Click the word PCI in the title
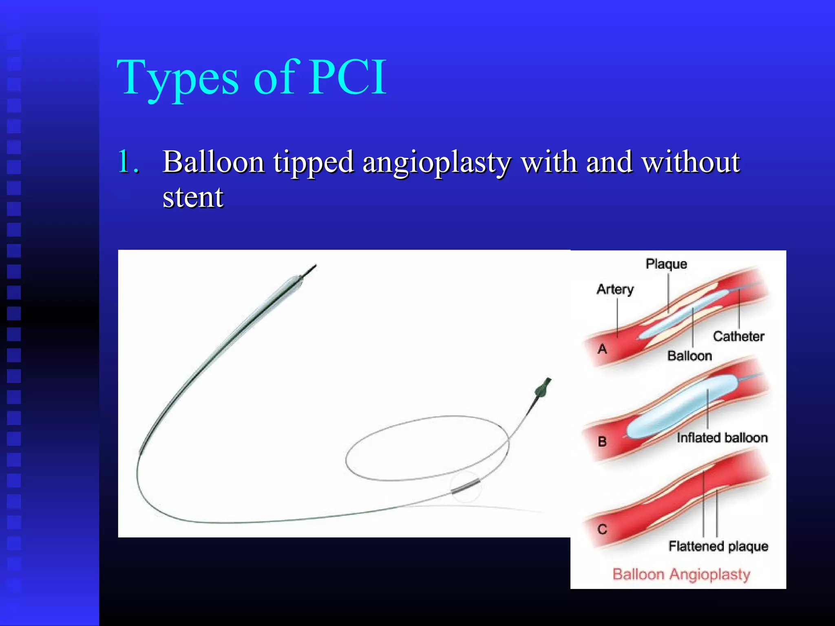[x=347, y=77]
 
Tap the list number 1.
[x=127, y=162]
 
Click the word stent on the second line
[x=193, y=197]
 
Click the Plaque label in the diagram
[x=666, y=264]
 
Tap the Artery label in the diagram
[x=615, y=289]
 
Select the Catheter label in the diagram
[x=738, y=336]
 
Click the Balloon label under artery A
[x=689, y=356]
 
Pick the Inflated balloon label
[x=722, y=438]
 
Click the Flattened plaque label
[x=718, y=546]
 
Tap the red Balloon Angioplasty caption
[x=681, y=574]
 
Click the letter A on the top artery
[x=602, y=349]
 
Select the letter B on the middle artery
[x=602, y=441]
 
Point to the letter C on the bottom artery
[x=602, y=529]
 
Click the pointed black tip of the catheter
[x=310, y=270]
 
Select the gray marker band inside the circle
[x=465, y=487]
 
